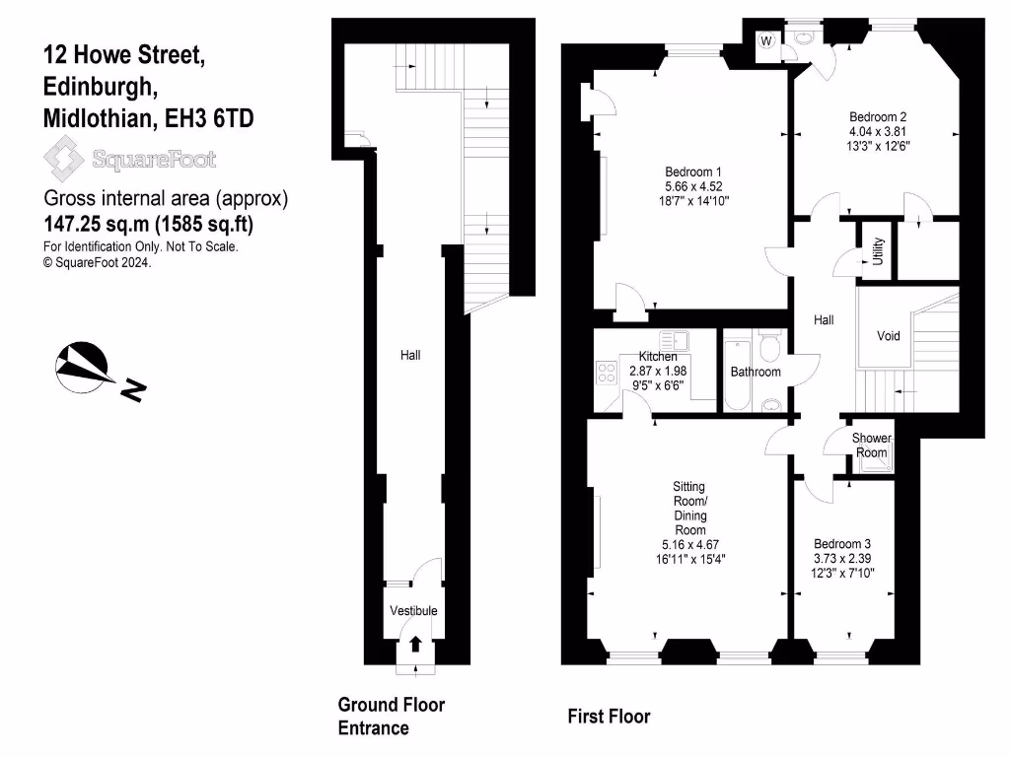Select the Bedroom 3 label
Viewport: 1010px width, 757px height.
[x=841, y=543]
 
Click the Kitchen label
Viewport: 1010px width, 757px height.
[x=657, y=356]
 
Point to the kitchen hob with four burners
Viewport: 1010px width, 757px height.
[x=606, y=373]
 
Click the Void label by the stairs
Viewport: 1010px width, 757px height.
[x=889, y=336]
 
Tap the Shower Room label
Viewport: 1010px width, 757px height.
[x=872, y=445]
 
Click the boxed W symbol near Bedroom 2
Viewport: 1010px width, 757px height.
[x=766, y=41]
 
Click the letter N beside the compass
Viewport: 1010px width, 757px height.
[x=133, y=392]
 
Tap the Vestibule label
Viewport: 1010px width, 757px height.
[x=413, y=611]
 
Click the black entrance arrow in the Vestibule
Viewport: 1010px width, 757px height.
[x=415, y=644]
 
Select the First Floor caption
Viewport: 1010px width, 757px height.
[x=609, y=717]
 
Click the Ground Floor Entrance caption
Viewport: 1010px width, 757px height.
[x=391, y=717]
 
